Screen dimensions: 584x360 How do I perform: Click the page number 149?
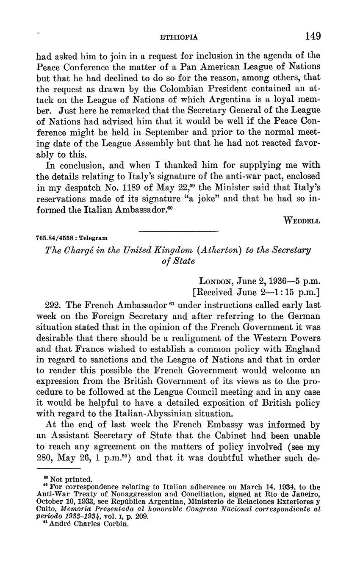tap(313, 36)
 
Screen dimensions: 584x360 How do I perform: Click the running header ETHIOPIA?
tap(179, 37)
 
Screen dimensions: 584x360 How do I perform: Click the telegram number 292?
tap(52, 305)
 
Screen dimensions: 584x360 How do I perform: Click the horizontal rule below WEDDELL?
tap(179, 231)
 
